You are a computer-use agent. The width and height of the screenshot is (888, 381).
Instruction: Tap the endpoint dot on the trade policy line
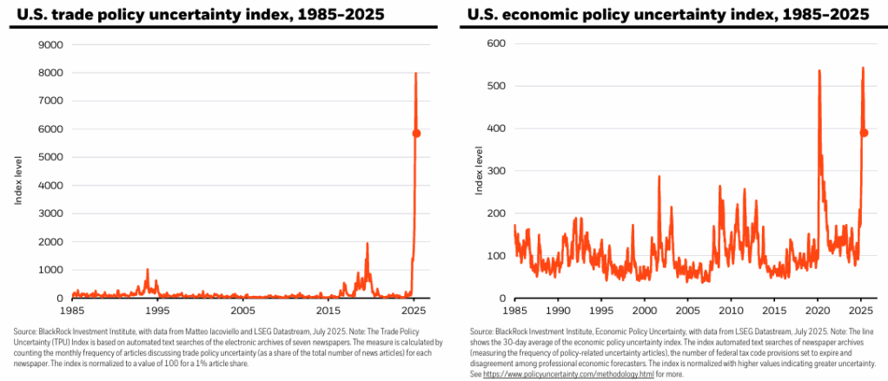click(416, 133)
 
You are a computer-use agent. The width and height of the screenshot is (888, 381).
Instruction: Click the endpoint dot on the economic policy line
click(865, 133)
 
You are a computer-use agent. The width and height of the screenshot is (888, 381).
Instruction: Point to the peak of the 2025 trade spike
click(415, 73)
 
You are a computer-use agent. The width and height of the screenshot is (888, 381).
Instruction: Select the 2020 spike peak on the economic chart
click(819, 70)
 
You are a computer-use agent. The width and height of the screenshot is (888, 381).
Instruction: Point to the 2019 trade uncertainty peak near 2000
click(367, 243)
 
